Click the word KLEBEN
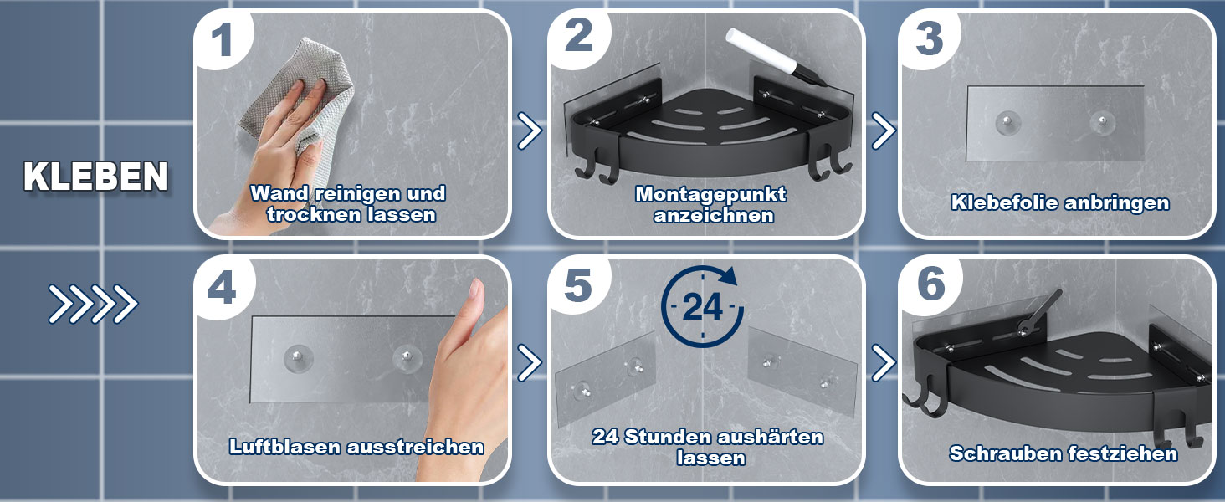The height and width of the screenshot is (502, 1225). coord(95,177)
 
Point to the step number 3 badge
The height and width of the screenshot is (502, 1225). coord(929,38)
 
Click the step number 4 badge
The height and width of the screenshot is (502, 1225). coord(222,288)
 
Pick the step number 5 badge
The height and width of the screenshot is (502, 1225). coord(578,285)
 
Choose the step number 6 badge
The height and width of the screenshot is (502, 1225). coord(931,284)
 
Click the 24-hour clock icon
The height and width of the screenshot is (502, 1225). coord(702,306)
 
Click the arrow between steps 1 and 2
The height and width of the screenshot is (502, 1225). coord(529,131)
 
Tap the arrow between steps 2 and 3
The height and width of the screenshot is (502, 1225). coord(884,131)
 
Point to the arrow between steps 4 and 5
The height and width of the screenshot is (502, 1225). coord(529,362)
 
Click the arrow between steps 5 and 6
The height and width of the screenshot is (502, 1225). coord(884,362)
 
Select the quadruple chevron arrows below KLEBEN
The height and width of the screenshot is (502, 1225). coord(93,304)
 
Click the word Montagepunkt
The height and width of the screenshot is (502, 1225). coord(711,194)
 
